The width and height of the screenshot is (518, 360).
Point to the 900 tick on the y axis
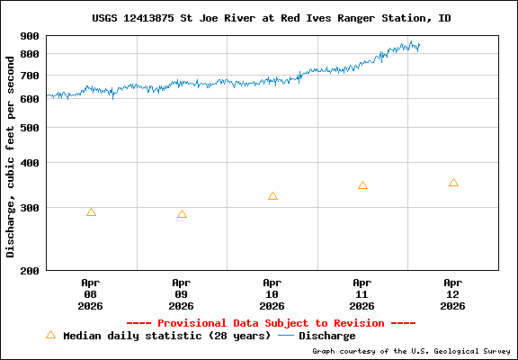click(x=30, y=36)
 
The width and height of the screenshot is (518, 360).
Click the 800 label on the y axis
click(x=30, y=54)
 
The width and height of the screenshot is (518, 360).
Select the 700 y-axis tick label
click(x=30, y=75)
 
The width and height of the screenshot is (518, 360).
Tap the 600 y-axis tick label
click(x=30, y=99)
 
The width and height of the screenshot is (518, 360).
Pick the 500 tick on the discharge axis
click(x=30, y=128)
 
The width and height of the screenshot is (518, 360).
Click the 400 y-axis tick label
click(x=30, y=163)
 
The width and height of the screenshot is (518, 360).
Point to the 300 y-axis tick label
click(x=30, y=208)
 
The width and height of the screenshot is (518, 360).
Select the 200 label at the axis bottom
click(x=30, y=270)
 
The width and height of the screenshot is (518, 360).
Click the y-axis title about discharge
click(x=11, y=153)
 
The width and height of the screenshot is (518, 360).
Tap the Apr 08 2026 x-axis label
click(x=91, y=293)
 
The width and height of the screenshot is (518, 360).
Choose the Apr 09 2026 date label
click(x=182, y=293)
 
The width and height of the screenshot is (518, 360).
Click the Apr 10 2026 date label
click(x=272, y=293)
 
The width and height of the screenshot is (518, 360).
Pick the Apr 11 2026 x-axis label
click(x=362, y=293)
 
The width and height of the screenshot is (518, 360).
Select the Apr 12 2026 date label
click(x=453, y=293)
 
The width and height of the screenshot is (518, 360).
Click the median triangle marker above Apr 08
click(x=91, y=212)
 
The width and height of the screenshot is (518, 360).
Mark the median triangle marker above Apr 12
click(x=453, y=183)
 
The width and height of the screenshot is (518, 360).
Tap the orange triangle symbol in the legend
click(x=50, y=335)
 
